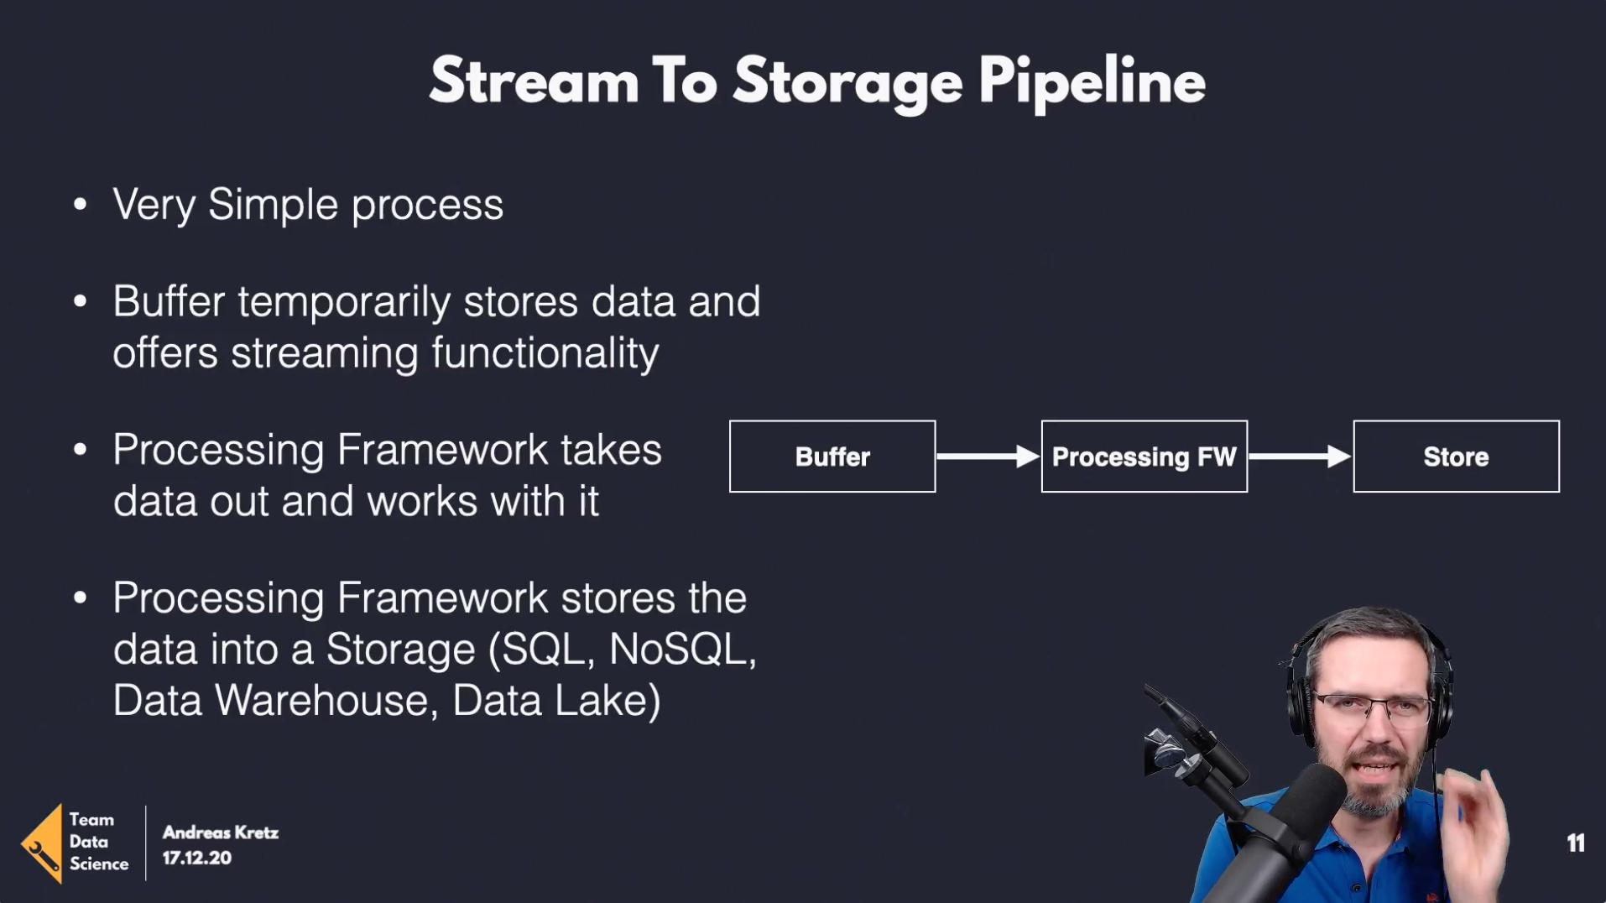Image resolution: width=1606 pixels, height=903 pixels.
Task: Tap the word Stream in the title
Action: point(534,81)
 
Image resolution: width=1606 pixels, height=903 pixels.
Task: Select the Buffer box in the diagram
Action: point(832,457)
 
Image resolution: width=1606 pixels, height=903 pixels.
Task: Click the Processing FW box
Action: point(1145,457)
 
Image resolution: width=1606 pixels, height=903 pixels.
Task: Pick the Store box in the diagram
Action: point(1457,457)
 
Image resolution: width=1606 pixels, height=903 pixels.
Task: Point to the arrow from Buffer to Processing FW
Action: point(988,457)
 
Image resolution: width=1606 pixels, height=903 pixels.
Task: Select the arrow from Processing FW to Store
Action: point(1301,457)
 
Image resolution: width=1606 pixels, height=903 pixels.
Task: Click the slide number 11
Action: point(1576,843)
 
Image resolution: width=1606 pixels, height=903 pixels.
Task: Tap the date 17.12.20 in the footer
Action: point(196,858)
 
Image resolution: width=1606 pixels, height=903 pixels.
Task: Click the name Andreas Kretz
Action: point(221,833)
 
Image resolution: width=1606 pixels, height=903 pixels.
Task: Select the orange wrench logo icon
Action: point(42,844)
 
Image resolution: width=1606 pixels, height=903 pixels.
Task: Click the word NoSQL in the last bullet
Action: point(682,649)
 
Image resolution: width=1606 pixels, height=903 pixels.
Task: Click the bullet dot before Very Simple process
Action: point(81,204)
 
